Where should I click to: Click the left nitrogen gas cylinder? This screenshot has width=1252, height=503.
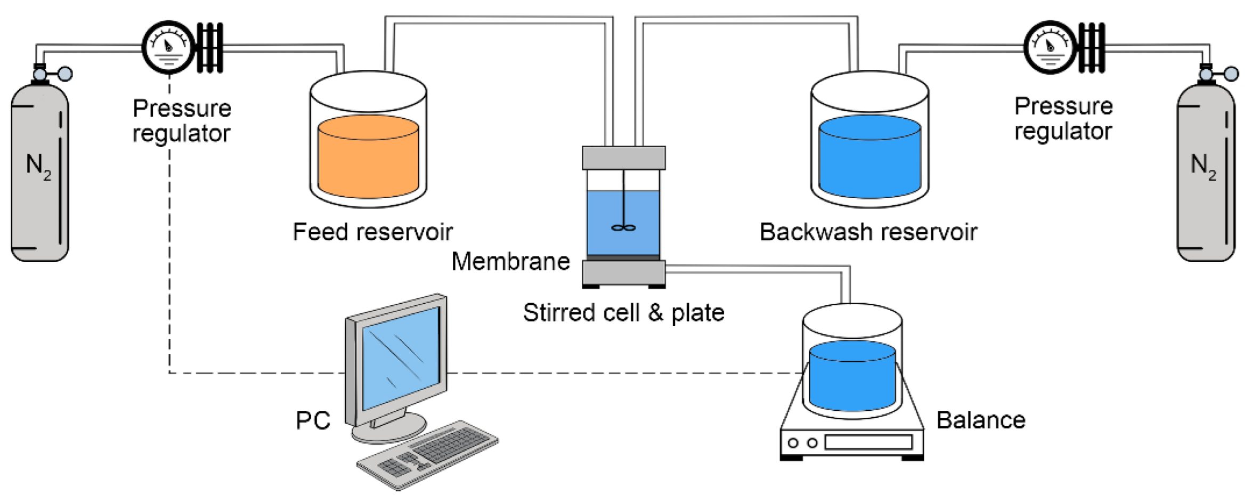pyautogui.click(x=40, y=176)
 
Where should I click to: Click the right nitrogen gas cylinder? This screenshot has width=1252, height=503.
pyautogui.click(x=1206, y=176)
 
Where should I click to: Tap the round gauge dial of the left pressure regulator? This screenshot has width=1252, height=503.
pyautogui.click(x=168, y=47)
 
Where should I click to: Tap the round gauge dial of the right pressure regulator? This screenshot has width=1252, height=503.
pyautogui.click(x=1050, y=47)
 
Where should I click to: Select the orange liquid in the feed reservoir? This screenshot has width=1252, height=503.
pyautogui.click(x=368, y=160)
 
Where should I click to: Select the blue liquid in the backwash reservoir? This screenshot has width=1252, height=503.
pyautogui.click(x=869, y=160)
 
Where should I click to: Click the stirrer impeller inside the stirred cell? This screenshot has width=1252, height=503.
pyautogui.click(x=623, y=228)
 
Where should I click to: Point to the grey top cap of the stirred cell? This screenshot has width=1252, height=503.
pyautogui.click(x=623, y=158)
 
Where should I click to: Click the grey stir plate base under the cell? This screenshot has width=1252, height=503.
pyautogui.click(x=623, y=273)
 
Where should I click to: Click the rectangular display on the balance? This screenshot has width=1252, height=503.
pyautogui.click(x=868, y=442)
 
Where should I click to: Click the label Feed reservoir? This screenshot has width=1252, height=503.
pyautogui.click(x=372, y=232)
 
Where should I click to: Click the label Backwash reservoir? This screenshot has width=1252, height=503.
pyautogui.click(x=868, y=232)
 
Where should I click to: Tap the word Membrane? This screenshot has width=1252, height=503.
pyautogui.click(x=510, y=262)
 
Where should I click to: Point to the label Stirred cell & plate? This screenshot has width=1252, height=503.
pyautogui.click(x=623, y=313)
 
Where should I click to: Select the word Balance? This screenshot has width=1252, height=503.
pyautogui.click(x=981, y=420)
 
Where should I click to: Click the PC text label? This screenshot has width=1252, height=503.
pyautogui.click(x=313, y=420)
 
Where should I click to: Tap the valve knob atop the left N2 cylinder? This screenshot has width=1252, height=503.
pyautogui.click(x=64, y=74)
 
